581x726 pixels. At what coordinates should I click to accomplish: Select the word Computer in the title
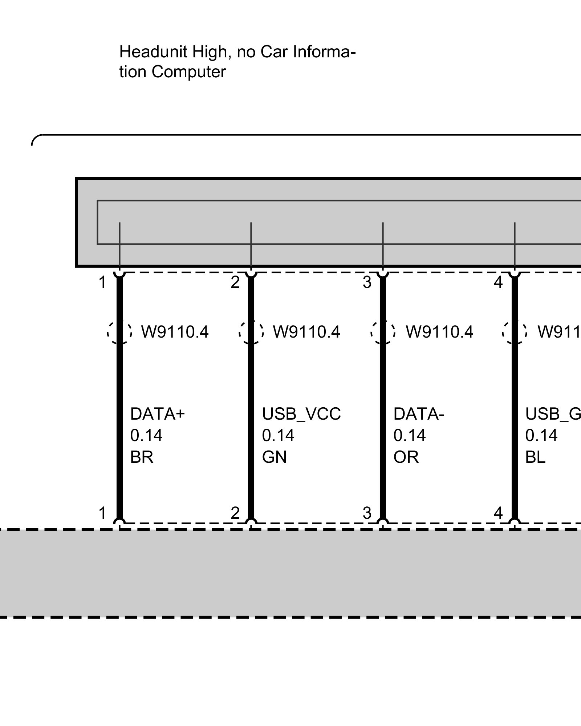(x=189, y=72)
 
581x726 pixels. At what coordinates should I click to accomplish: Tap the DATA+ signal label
(x=158, y=414)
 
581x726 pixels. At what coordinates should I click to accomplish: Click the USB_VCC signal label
(x=301, y=414)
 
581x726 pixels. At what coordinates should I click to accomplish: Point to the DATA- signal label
(x=419, y=414)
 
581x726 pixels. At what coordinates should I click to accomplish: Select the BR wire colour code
(x=142, y=457)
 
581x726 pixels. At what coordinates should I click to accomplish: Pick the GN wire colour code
(x=274, y=457)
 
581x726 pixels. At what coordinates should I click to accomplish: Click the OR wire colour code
(x=406, y=457)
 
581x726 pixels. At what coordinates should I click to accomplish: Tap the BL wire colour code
(x=535, y=457)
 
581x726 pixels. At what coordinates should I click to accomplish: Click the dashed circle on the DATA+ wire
(x=119, y=332)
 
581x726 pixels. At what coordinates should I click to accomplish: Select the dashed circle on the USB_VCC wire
(x=251, y=332)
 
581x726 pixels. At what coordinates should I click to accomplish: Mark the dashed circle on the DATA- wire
(x=383, y=332)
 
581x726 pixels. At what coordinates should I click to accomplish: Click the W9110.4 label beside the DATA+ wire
(x=175, y=332)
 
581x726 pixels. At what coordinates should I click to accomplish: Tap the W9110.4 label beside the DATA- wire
(x=439, y=332)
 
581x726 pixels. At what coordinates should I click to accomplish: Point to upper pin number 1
(x=102, y=282)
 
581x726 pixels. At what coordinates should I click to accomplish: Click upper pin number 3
(x=367, y=282)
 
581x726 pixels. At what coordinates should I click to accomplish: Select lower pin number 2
(x=235, y=513)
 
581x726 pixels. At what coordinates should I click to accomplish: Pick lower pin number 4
(x=498, y=513)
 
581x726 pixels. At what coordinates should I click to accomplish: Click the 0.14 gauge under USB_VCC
(x=278, y=435)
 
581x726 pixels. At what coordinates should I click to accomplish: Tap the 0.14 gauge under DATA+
(x=146, y=435)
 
